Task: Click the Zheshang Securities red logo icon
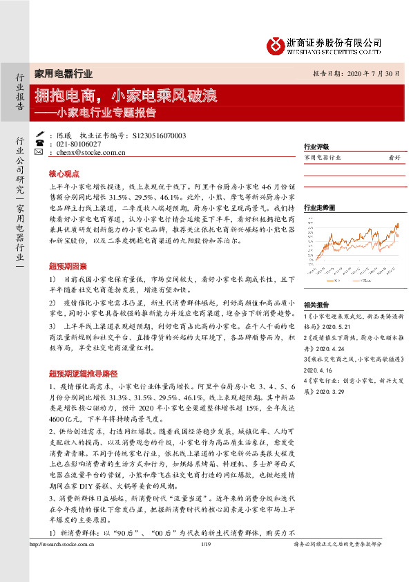click(x=276, y=46)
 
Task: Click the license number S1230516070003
click(x=158, y=135)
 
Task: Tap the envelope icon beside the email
click(x=39, y=152)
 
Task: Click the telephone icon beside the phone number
click(x=39, y=144)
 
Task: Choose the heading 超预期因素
click(x=67, y=266)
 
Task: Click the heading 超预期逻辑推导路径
click(x=77, y=373)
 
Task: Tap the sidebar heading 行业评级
click(x=316, y=147)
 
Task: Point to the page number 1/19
click(x=205, y=565)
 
